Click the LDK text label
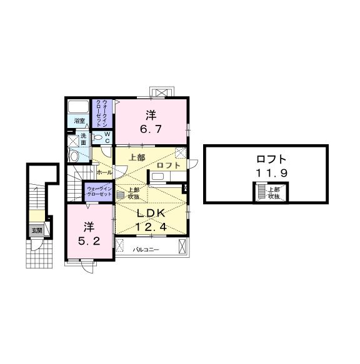point(150,213)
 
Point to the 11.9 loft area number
point(266,174)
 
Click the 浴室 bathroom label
point(79,120)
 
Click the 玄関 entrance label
point(37,230)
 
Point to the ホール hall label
point(104,171)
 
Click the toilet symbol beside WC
point(98,137)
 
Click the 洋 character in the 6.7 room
point(151,115)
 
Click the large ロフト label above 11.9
point(266,159)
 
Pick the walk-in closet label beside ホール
point(99,190)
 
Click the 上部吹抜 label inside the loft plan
point(274,192)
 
